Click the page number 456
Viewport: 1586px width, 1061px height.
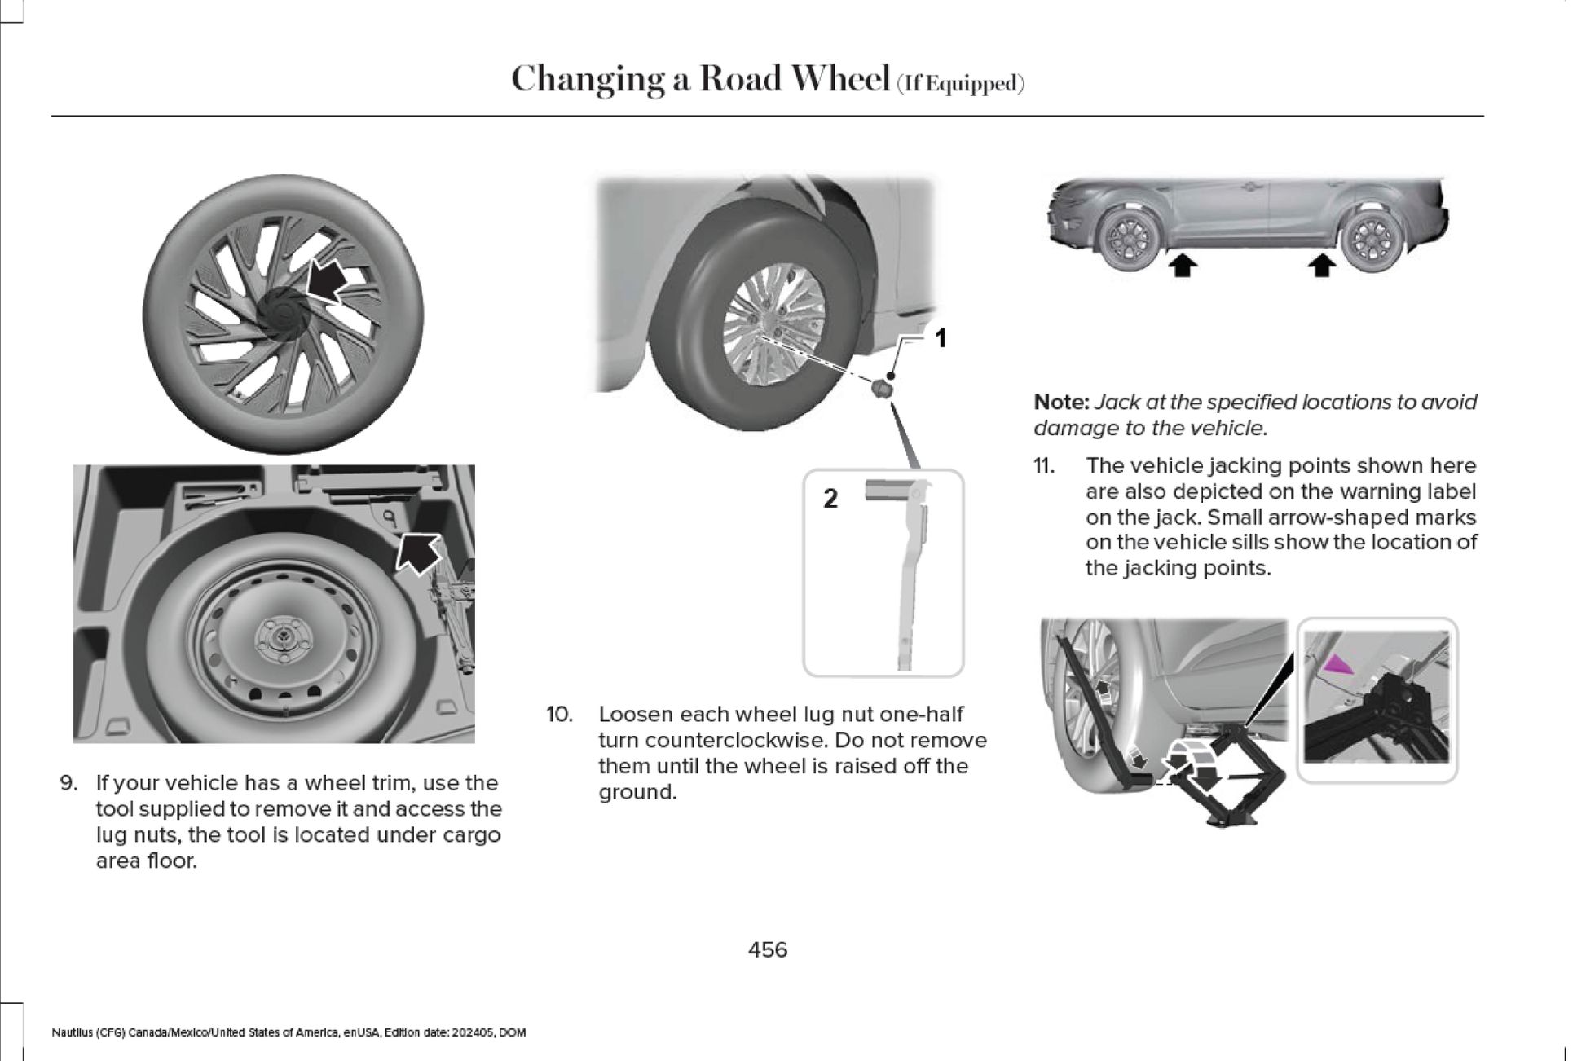pos(767,949)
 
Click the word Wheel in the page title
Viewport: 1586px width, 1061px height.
pos(840,79)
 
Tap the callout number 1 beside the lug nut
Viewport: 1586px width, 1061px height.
pos(941,338)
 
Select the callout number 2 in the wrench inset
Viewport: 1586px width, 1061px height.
pos(830,499)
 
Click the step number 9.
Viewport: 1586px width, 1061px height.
pos(68,783)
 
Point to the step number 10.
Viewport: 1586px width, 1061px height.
pos(559,715)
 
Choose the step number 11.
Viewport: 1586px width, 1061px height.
pos(1044,466)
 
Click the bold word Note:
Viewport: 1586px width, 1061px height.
pos(1061,403)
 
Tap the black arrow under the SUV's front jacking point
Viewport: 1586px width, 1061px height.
pos(1183,265)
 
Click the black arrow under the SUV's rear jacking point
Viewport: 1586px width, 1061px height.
pos(1321,265)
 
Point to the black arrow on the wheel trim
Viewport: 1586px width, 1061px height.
pos(328,280)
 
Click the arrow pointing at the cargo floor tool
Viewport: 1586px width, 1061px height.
pos(419,553)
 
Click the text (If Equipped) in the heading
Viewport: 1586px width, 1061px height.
pos(960,84)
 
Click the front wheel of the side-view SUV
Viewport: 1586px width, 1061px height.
pos(1129,239)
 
